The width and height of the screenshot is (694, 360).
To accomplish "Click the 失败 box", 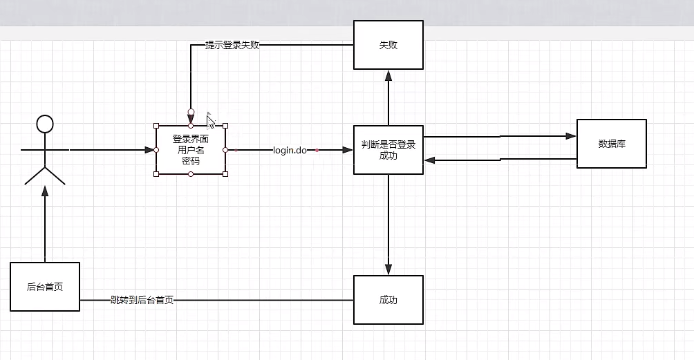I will (x=388, y=45).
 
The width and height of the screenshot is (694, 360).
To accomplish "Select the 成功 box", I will (x=388, y=300).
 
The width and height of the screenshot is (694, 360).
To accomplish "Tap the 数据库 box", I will (x=612, y=144).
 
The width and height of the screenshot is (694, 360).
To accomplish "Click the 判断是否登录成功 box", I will (x=388, y=150).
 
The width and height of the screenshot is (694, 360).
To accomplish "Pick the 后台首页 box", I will (x=45, y=287).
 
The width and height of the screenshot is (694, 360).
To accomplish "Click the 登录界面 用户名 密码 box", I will (x=191, y=150).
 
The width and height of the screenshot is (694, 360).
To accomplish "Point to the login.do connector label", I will (x=290, y=150).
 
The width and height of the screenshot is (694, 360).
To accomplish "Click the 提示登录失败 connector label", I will (x=232, y=46).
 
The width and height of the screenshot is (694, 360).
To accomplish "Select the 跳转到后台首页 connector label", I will (x=142, y=301).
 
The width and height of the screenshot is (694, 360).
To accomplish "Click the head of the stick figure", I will (x=45, y=124).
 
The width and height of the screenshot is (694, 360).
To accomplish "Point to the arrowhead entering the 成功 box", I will (x=388, y=270).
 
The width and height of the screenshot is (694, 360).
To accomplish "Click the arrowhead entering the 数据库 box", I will (x=572, y=136).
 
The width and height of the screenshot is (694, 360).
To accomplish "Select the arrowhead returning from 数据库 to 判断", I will (x=429, y=160).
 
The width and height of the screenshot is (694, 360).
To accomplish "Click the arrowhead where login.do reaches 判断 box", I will (x=348, y=150).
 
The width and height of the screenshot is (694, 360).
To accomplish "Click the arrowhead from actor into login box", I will (x=150, y=150).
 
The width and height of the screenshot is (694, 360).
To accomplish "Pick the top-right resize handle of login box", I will (x=225, y=126).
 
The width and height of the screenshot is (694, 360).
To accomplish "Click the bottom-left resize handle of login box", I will (x=156, y=174).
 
